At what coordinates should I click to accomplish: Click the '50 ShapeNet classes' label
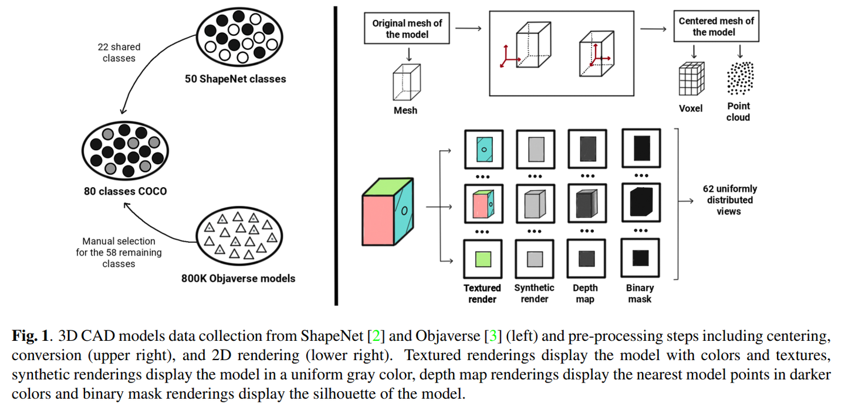pos(235,78)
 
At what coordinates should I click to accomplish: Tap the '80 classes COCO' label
pos(124,191)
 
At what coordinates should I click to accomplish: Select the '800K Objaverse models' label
pos(238,279)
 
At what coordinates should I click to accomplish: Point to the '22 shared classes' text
pos(119,53)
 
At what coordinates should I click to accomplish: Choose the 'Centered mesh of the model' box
pos(716,26)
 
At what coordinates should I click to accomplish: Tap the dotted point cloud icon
pos(740,78)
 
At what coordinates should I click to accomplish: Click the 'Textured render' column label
pos(482,293)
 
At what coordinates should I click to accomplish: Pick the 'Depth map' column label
pos(585,293)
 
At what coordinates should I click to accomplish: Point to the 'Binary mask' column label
pos(640,293)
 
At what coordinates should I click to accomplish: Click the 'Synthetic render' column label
pos(534,293)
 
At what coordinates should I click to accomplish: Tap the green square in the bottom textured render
pos(482,259)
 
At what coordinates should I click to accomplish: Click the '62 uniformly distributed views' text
pos(729,200)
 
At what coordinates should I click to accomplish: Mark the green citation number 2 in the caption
pos(376,337)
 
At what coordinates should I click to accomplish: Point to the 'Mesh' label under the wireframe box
pos(405,110)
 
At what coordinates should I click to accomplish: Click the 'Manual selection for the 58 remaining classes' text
pos(119,252)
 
